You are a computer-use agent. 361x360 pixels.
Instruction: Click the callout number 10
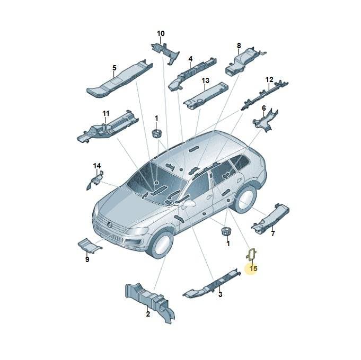click(161, 33)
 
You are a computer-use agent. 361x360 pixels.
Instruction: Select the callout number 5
click(115, 68)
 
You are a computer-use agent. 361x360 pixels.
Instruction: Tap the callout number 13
click(205, 80)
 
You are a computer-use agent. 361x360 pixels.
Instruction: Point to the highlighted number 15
click(253, 268)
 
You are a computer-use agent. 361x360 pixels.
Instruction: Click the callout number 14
click(97, 166)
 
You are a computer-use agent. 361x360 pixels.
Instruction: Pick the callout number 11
click(106, 114)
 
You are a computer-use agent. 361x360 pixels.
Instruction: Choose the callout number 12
click(269, 79)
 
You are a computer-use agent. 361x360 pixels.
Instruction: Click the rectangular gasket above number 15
click(251, 254)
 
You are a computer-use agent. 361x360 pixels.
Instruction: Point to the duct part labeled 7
click(270, 219)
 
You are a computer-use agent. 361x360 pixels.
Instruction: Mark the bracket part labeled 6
click(266, 120)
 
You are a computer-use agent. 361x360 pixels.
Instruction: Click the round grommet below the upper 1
click(156, 133)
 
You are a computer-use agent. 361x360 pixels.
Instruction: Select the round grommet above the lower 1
click(226, 231)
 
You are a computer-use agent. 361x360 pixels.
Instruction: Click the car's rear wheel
click(245, 199)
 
